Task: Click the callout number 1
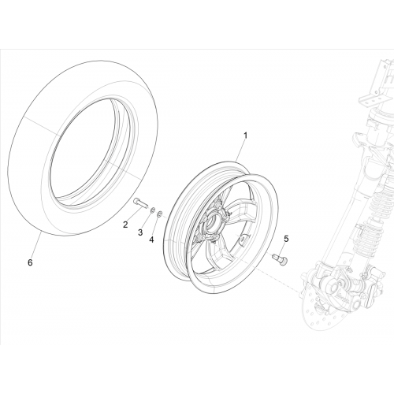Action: pyautogui.click(x=245, y=136)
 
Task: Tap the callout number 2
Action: pyautogui.click(x=125, y=225)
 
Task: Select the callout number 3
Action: pyautogui.click(x=140, y=232)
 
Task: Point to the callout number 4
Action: pyautogui.click(x=151, y=240)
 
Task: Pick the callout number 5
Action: pyautogui.click(x=286, y=239)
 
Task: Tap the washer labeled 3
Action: pyautogui.click(x=152, y=210)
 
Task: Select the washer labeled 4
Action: pyautogui.click(x=159, y=214)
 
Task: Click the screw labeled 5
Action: pyautogui.click(x=281, y=258)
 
